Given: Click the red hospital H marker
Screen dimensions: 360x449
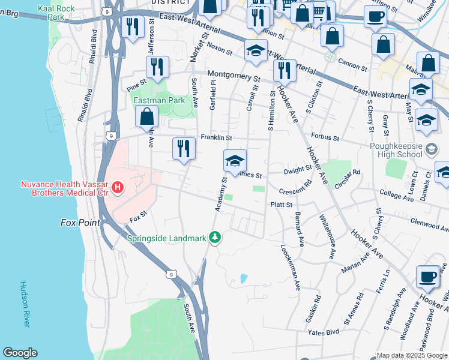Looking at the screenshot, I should (x=118, y=188).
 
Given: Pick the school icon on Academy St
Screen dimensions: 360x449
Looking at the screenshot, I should (x=235, y=160).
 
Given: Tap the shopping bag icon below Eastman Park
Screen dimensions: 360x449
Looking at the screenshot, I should (x=147, y=117).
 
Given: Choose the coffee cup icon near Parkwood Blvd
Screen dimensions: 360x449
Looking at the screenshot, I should (x=427, y=276).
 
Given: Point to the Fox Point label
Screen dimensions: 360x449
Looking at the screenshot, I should (x=80, y=222).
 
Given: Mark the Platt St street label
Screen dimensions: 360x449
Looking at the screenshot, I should (x=281, y=205).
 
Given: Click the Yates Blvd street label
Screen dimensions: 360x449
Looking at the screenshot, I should (x=324, y=332).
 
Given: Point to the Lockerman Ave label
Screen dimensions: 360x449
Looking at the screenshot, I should (x=291, y=267).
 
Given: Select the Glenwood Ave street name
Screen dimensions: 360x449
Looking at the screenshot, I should (x=428, y=223).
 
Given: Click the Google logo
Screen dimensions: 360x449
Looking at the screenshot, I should (x=20, y=353).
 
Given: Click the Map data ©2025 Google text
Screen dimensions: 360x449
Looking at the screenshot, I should (x=411, y=355).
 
